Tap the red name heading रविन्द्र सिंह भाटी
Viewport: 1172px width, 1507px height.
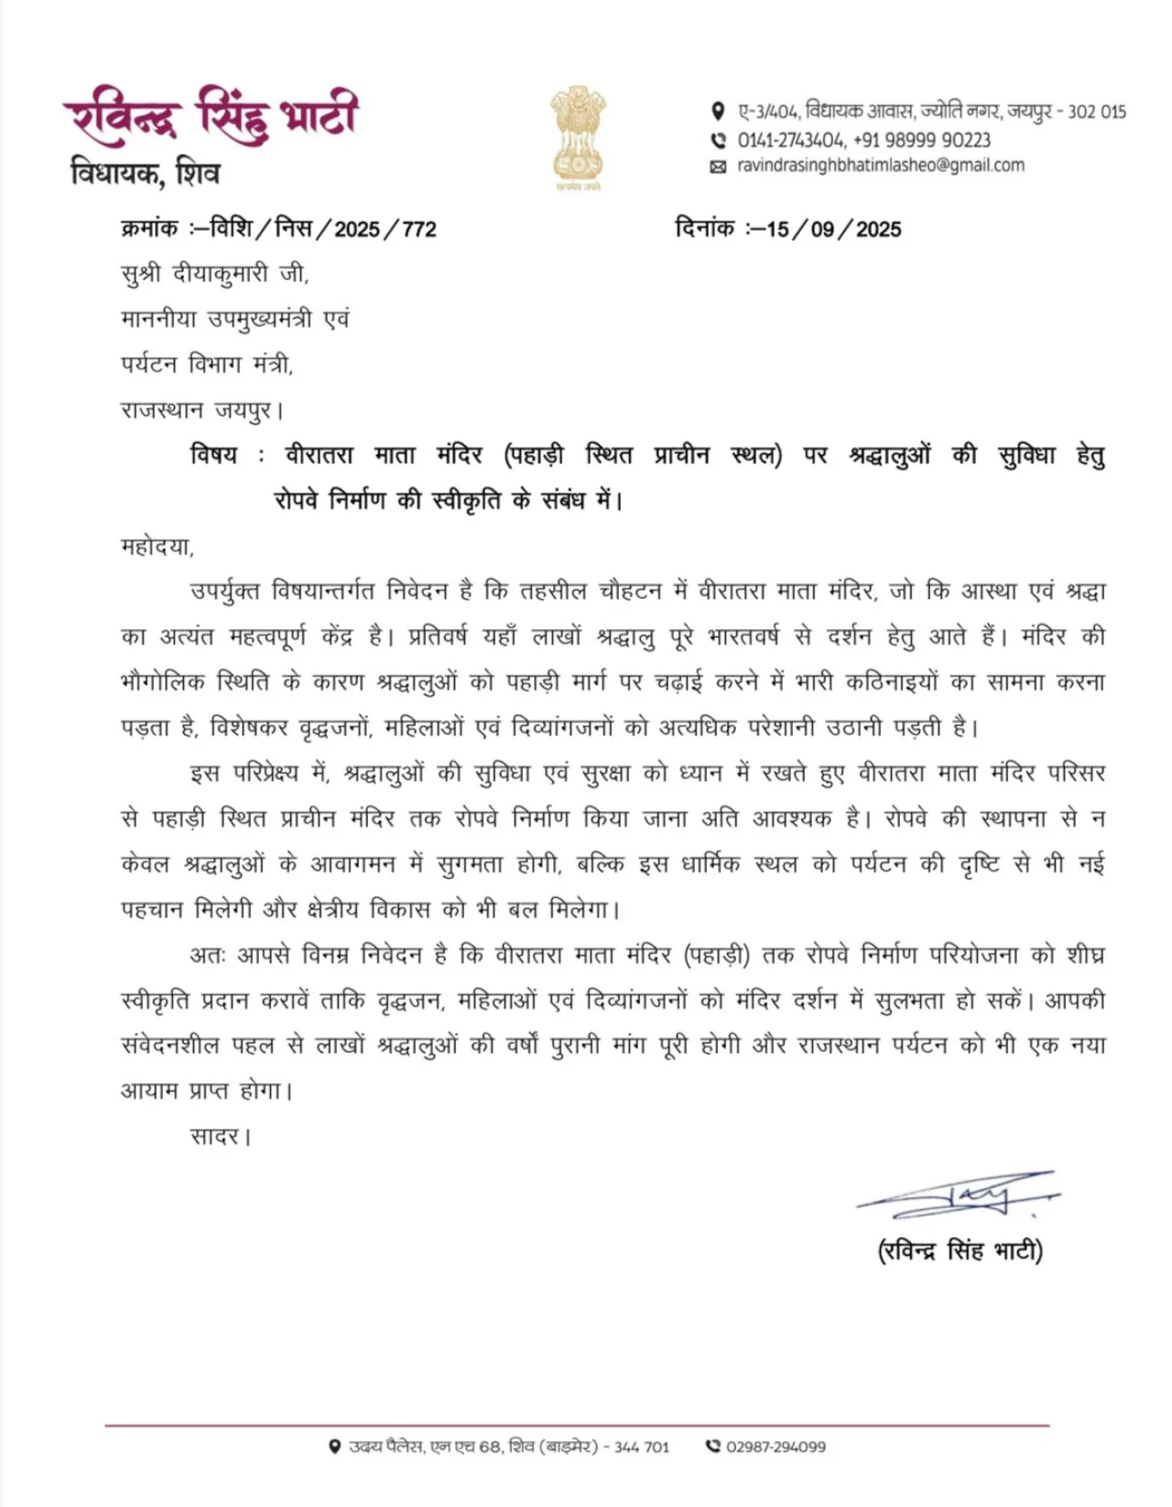211,115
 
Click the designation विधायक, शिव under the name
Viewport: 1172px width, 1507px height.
145,172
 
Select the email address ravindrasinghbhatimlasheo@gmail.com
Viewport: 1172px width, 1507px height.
880,166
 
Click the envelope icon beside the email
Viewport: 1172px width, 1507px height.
718,167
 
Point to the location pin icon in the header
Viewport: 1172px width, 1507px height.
718,112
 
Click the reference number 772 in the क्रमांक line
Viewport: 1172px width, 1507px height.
418,229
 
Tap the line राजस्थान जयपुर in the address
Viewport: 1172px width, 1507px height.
201,410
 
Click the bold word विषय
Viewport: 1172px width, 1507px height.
213,455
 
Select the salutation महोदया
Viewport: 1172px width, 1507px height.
157,547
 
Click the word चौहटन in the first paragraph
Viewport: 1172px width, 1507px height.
629,591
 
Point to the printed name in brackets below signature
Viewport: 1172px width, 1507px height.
960,1251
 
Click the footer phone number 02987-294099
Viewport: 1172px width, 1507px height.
776,1447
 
